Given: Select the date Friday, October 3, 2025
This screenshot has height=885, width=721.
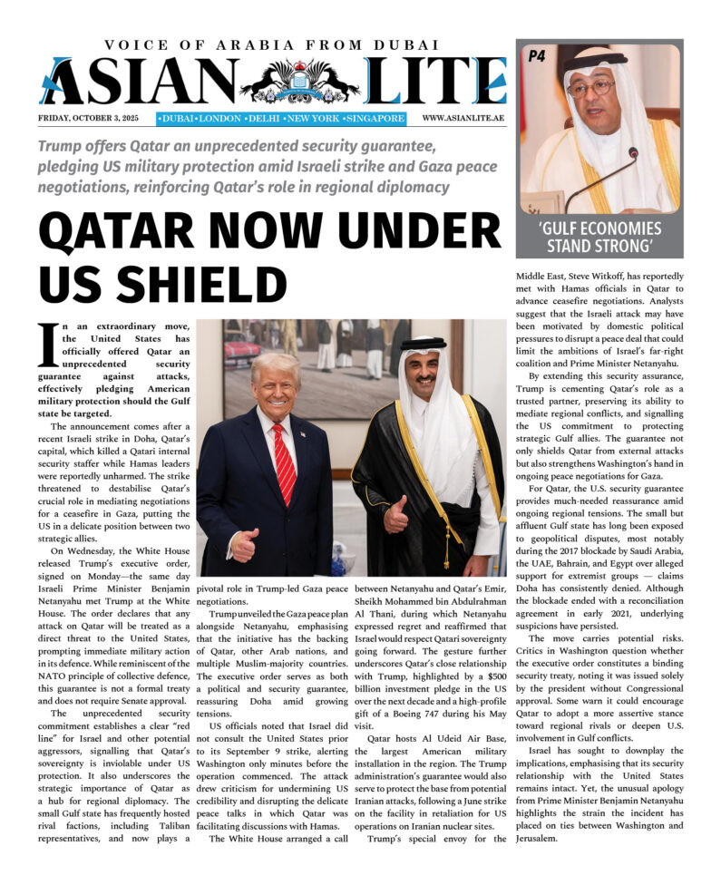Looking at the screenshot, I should point(93,119).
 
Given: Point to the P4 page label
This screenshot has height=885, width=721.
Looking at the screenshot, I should point(537,57).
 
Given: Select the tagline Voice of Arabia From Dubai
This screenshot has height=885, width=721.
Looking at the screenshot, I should point(272,44).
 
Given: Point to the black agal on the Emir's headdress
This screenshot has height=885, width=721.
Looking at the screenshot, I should point(424,345).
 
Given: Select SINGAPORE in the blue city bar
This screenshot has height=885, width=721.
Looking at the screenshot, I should point(374,119).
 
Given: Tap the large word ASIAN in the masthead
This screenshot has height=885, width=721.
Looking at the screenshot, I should point(136,82).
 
